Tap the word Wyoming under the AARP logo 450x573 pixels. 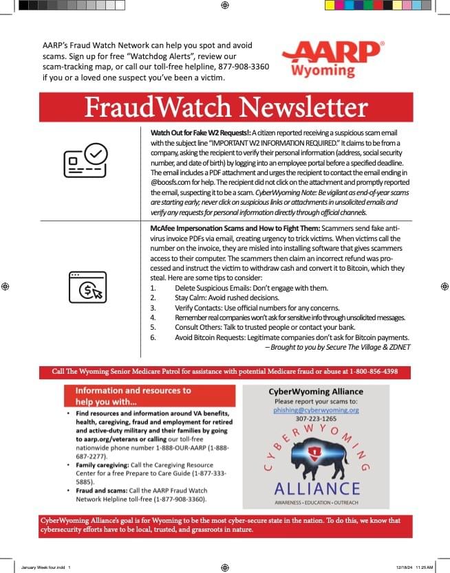(323, 71)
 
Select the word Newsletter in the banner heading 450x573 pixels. (302, 107)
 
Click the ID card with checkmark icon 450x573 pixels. (85, 164)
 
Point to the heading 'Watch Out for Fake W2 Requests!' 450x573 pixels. (200, 132)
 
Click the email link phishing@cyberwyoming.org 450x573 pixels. (316, 409)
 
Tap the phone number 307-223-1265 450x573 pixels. (316, 418)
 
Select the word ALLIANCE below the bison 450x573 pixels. (316, 488)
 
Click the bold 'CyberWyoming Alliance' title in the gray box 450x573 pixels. (316, 392)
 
